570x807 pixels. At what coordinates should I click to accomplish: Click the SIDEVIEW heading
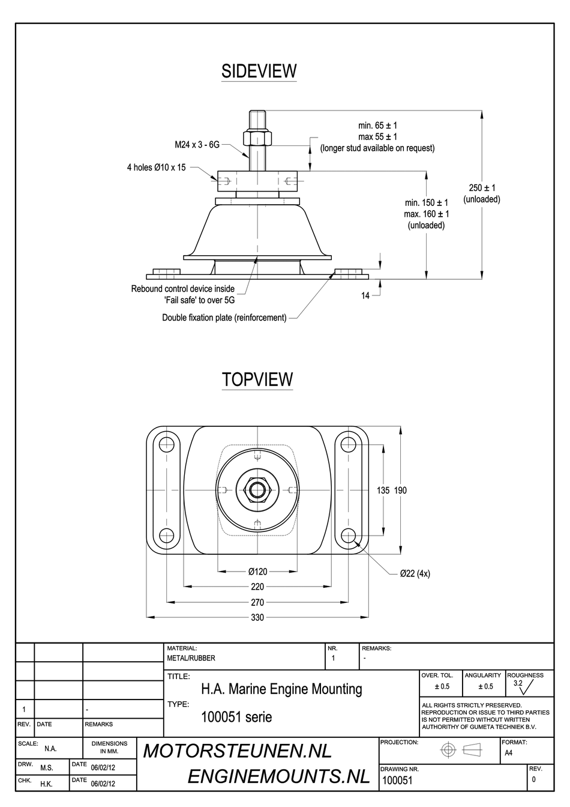(x=259, y=71)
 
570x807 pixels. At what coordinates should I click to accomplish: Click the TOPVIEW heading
(x=257, y=379)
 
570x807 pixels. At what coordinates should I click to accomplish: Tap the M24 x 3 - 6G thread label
(x=197, y=145)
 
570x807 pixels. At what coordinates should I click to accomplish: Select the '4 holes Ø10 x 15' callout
(x=156, y=168)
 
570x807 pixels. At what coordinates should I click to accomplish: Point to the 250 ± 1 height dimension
(x=482, y=188)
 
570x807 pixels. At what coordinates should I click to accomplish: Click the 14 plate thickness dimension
(x=365, y=295)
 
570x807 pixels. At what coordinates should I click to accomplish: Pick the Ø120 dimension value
(x=257, y=571)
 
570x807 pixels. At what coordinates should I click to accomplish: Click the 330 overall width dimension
(x=257, y=617)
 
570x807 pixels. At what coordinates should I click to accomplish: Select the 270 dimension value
(x=257, y=602)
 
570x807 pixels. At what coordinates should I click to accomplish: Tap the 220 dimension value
(x=257, y=587)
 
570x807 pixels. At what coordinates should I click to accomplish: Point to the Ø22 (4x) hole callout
(x=415, y=573)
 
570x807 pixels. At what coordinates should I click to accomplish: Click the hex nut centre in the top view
(x=257, y=490)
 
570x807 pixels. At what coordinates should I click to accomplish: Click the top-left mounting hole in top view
(x=166, y=445)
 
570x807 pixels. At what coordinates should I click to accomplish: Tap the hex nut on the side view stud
(x=257, y=138)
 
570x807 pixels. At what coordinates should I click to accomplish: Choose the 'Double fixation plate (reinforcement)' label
(x=224, y=318)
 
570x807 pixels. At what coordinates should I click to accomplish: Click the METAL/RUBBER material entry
(x=191, y=658)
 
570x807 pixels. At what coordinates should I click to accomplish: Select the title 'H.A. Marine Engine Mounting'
(x=281, y=689)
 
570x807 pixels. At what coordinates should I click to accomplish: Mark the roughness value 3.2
(x=518, y=683)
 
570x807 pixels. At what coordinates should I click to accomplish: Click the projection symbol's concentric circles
(x=448, y=750)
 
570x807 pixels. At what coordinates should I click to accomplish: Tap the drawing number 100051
(x=397, y=781)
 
